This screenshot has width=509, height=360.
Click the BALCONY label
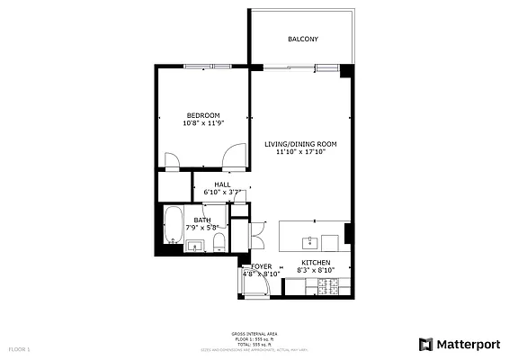pyautogui.click(x=302, y=40)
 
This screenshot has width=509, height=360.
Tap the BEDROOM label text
pyautogui.click(x=204, y=115)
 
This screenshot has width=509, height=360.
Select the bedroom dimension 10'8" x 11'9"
pyautogui.click(x=204, y=123)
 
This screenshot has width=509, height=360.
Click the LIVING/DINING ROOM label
pyautogui.click(x=300, y=144)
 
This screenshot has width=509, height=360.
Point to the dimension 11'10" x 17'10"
pyautogui.click(x=300, y=152)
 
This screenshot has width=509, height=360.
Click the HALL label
pyautogui.click(x=222, y=184)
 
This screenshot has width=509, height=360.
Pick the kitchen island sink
pyautogui.click(x=308, y=241)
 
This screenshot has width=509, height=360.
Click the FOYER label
pyautogui.click(x=261, y=266)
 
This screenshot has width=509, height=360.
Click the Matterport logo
pyautogui.click(x=458, y=344)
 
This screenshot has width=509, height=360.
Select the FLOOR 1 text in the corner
pyautogui.click(x=20, y=347)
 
